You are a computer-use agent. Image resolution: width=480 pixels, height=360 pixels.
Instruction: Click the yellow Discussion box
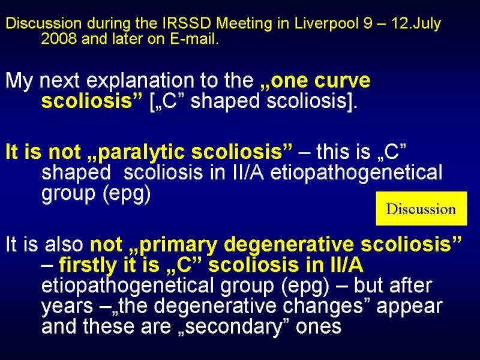click(x=421, y=208)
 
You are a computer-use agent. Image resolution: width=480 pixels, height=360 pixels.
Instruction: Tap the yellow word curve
click(x=343, y=80)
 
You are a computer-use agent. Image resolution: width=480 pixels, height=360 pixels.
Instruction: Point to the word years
click(x=67, y=307)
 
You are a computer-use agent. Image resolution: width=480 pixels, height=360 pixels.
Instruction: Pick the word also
click(x=64, y=244)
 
